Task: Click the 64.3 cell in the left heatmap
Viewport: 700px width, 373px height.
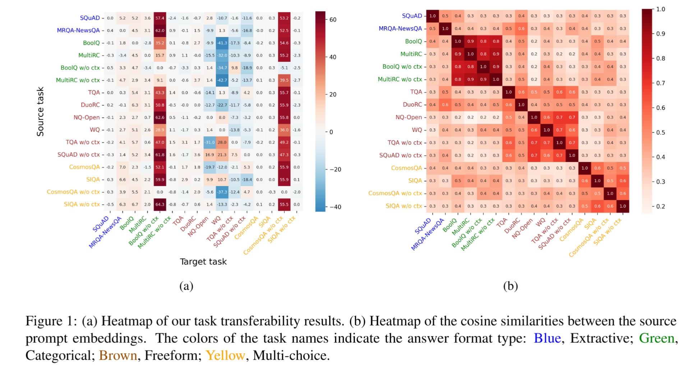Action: click(160, 204)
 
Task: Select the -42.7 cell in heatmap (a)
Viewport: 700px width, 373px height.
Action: click(222, 80)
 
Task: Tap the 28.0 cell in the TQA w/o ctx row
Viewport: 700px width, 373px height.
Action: click(222, 142)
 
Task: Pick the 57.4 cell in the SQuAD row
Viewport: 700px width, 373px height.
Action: click(160, 18)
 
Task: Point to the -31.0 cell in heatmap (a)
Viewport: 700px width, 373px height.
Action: click(209, 142)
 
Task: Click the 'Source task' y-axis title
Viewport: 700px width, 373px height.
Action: click(40, 111)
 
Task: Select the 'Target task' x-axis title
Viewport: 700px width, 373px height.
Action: click(203, 262)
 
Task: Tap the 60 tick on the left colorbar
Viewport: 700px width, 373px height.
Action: click(333, 20)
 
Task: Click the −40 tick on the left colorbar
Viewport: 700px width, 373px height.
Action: click(335, 207)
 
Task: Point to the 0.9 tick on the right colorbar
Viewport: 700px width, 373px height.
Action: click(660, 34)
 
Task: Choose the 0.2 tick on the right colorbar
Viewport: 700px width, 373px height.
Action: click(660, 206)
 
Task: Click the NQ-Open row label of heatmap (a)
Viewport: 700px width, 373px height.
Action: click(87, 117)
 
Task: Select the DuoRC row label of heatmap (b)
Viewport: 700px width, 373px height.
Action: click(412, 104)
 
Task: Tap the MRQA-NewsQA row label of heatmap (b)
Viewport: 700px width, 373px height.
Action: click(400, 28)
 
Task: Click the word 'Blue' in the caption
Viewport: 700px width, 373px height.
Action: click(547, 338)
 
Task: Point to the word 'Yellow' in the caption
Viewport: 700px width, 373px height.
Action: click(225, 355)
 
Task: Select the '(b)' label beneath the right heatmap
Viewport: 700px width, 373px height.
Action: click(510, 286)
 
